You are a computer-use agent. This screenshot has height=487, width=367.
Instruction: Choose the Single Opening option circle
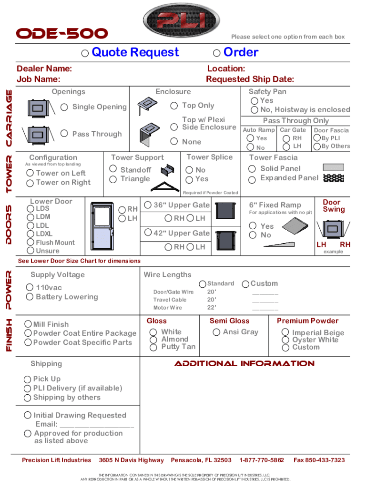(x=64, y=107)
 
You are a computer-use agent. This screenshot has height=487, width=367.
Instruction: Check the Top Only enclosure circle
(x=174, y=106)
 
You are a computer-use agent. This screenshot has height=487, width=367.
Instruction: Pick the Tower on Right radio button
(x=31, y=183)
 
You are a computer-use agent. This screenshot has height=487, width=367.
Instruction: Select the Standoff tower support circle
(x=113, y=168)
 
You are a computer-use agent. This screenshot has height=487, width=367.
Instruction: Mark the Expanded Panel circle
(x=252, y=180)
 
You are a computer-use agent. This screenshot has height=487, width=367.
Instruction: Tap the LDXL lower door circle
(x=31, y=234)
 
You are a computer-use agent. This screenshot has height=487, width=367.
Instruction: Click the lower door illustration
(x=102, y=225)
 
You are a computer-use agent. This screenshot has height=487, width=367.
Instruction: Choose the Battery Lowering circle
(x=31, y=297)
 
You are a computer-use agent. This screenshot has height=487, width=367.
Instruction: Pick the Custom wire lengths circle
(x=245, y=284)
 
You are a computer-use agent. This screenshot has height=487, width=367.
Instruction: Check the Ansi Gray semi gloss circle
(x=216, y=332)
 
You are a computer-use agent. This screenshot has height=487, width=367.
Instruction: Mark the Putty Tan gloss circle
(x=153, y=347)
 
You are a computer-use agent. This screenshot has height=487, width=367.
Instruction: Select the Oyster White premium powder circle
(x=285, y=340)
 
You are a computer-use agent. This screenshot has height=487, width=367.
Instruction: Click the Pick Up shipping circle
(x=28, y=379)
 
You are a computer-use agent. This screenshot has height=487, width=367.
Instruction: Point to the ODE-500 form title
(x=62, y=34)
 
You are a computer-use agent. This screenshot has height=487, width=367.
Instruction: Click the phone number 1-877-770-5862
(x=262, y=460)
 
